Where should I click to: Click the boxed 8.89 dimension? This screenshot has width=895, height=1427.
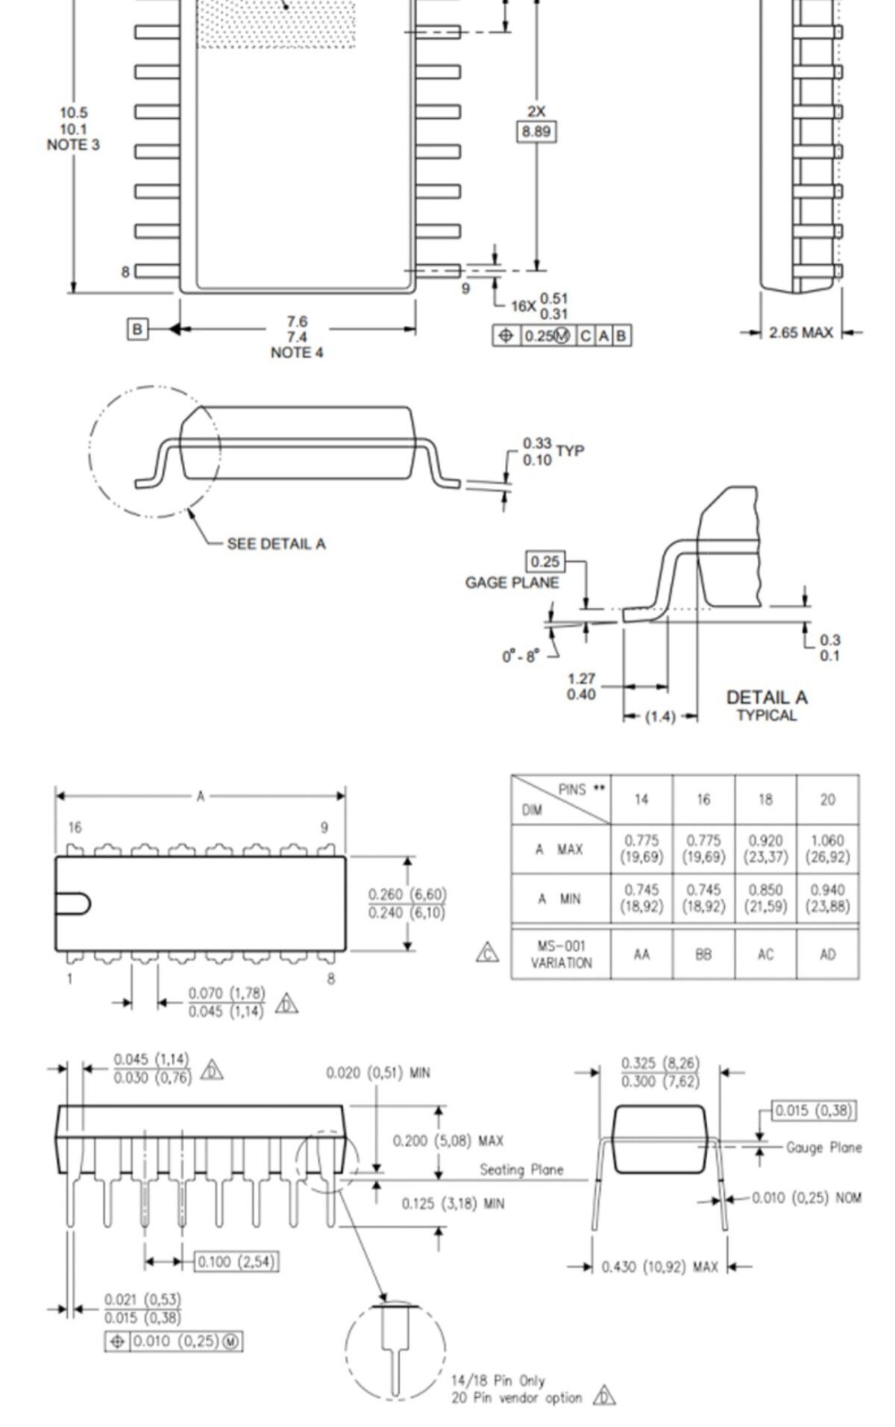tap(536, 132)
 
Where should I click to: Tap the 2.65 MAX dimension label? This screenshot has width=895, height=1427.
tap(801, 333)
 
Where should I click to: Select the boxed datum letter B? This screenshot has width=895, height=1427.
tap(137, 329)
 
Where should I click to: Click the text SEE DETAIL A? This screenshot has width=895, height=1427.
tap(276, 544)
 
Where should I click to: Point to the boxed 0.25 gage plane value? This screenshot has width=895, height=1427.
tap(545, 562)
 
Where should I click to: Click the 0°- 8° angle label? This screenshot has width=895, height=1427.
tap(519, 656)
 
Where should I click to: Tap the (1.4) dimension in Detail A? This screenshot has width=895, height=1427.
tap(660, 717)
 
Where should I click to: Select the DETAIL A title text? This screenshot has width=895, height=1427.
tap(767, 697)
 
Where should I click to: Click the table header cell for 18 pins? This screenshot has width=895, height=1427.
tap(765, 800)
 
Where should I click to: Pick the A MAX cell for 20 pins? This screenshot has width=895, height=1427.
tap(828, 849)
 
